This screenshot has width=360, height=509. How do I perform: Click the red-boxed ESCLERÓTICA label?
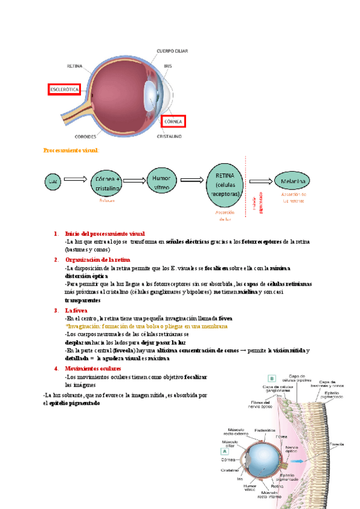click(64, 90)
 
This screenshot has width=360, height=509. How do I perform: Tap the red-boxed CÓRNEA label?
click(173, 121)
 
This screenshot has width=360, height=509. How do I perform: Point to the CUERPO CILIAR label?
click(172, 52)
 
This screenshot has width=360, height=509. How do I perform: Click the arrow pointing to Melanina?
click(260, 181)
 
